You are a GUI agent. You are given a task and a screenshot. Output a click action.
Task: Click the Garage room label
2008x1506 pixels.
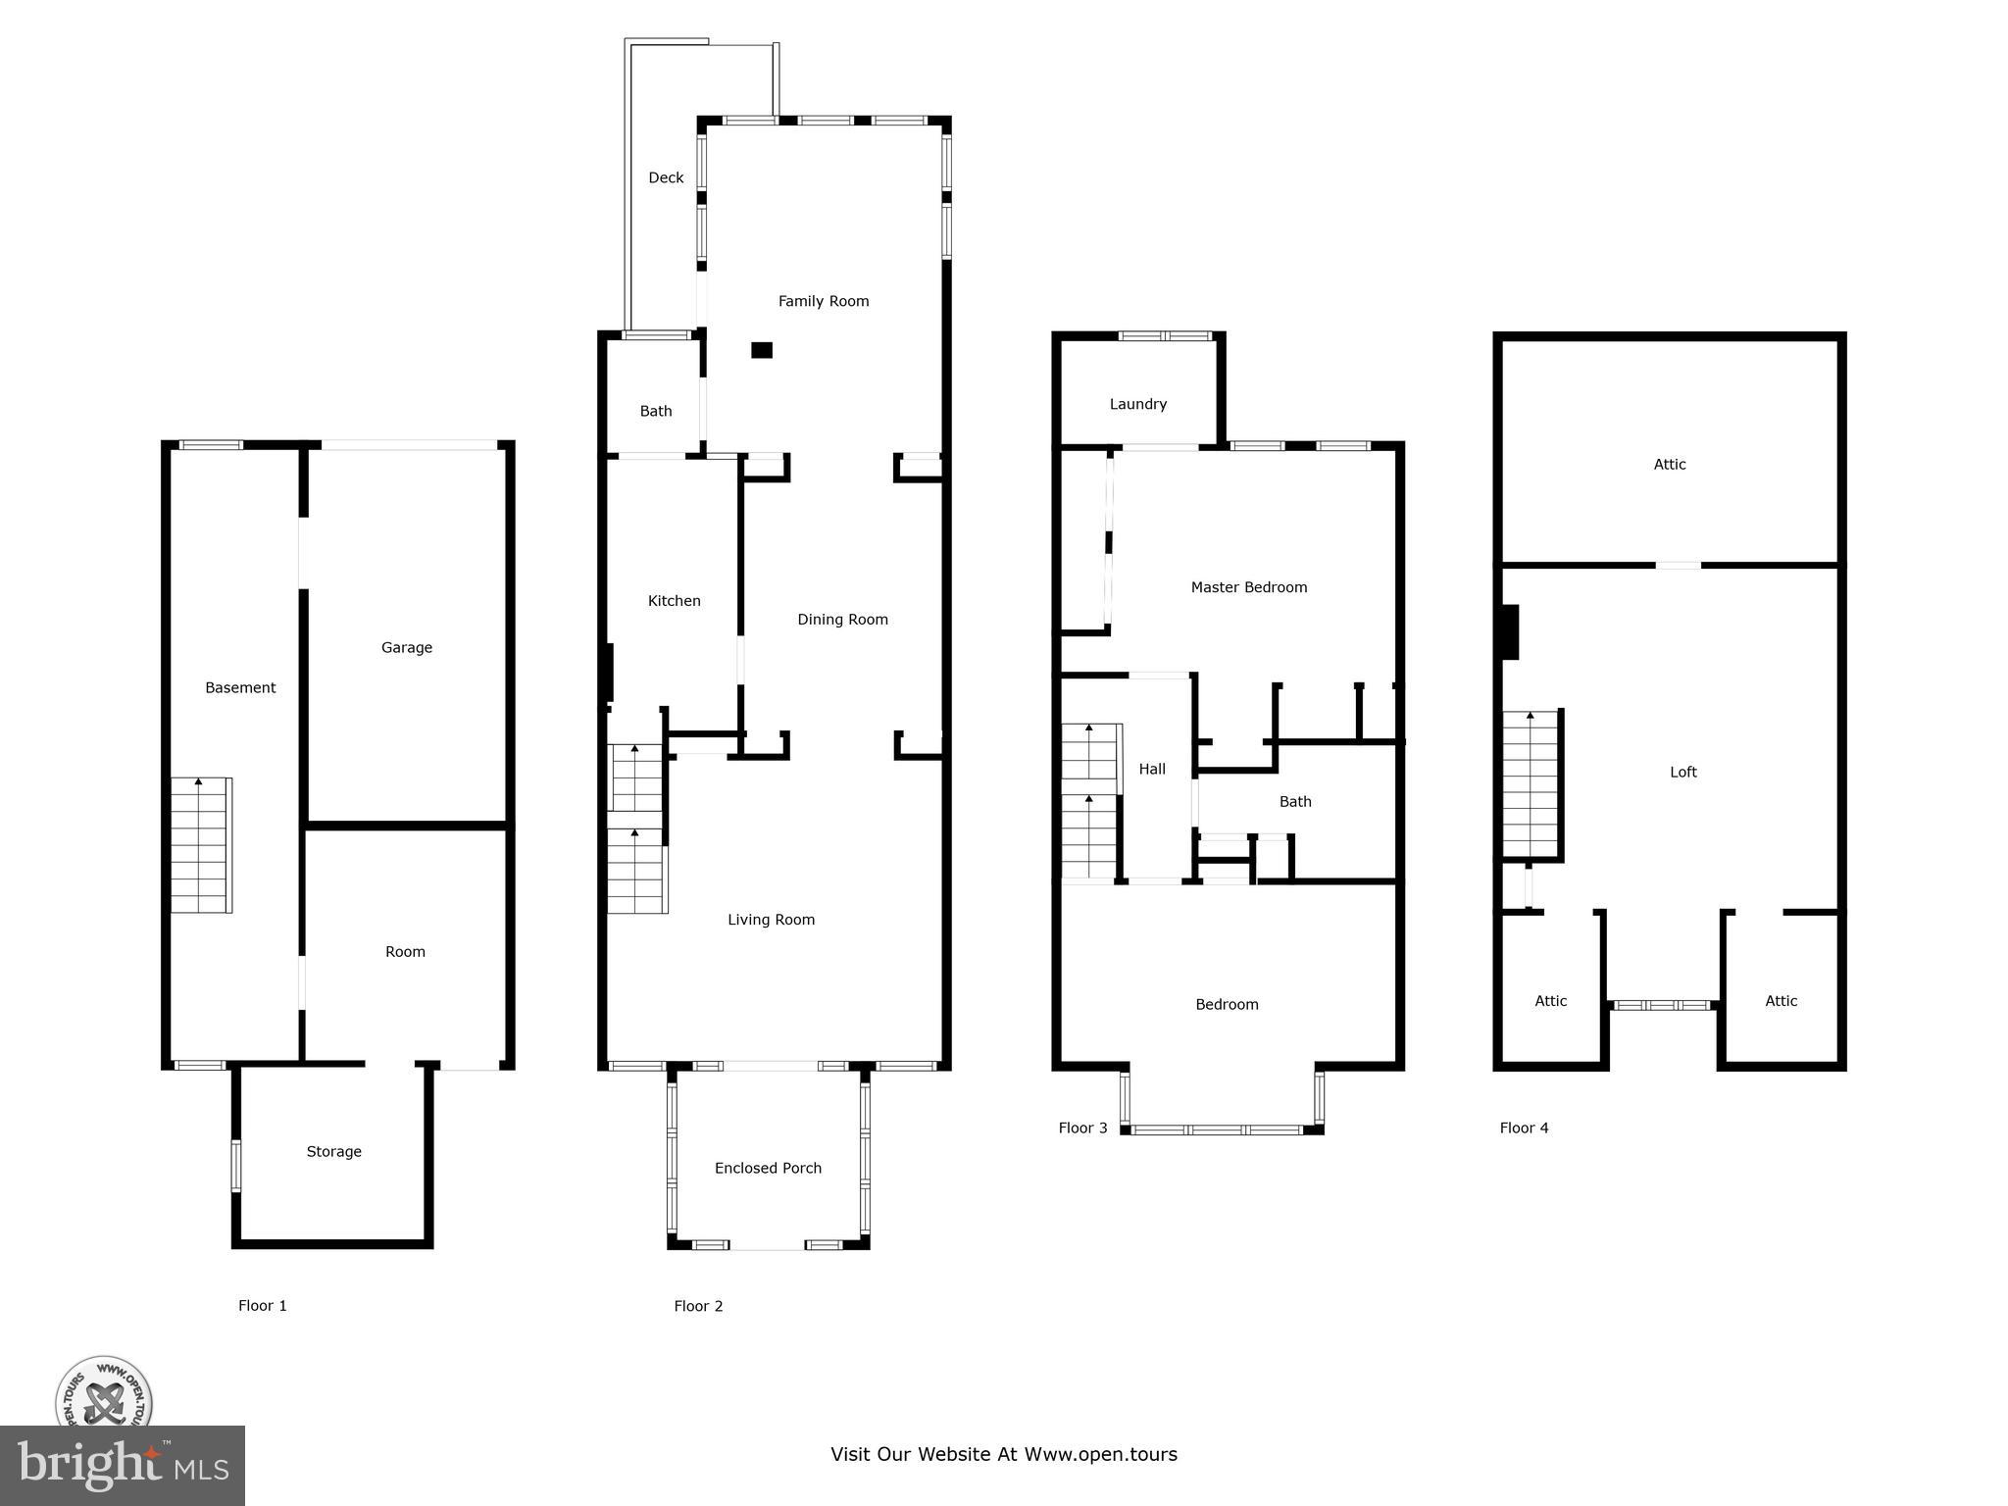(x=406, y=647)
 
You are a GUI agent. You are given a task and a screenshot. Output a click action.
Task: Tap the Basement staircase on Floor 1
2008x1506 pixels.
(x=201, y=845)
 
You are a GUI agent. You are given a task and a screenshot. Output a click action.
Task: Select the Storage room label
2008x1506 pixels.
(x=333, y=1151)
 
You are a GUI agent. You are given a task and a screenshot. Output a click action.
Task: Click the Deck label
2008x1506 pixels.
(x=666, y=177)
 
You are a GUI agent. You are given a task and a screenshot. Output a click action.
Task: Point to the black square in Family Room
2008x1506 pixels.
(x=762, y=350)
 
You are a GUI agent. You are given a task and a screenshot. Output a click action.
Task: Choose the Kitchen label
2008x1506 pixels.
(x=674, y=601)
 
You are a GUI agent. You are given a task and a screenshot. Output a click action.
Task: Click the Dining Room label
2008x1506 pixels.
(x=842, y=619)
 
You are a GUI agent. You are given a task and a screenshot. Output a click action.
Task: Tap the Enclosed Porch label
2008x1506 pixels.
(x=768, y=1168)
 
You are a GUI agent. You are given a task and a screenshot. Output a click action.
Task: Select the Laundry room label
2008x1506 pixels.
(x=1137, y=404)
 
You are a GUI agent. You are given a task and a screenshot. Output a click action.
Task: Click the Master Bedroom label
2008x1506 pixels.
(x=1248, y=587)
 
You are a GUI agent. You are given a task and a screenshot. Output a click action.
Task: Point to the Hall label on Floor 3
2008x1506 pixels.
(x=1152, y=769)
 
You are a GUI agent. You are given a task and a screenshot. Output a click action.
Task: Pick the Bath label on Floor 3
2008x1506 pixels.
(x=1294, y=801)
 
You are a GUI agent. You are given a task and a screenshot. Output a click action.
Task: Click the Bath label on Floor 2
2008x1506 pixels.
(x=656, y=411)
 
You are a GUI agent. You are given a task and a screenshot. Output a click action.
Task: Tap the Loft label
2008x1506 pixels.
(x=1682, y=772)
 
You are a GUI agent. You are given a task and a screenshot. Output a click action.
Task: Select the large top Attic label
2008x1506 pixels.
(x=1669, y=464)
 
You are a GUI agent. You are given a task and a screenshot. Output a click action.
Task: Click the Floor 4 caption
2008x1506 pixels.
(x=1524, y=1128)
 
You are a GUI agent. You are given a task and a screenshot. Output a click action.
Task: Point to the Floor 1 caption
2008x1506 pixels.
(x=262, y=1305)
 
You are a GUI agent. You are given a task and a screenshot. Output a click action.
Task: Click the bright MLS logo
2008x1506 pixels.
(x=123, y=1465)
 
